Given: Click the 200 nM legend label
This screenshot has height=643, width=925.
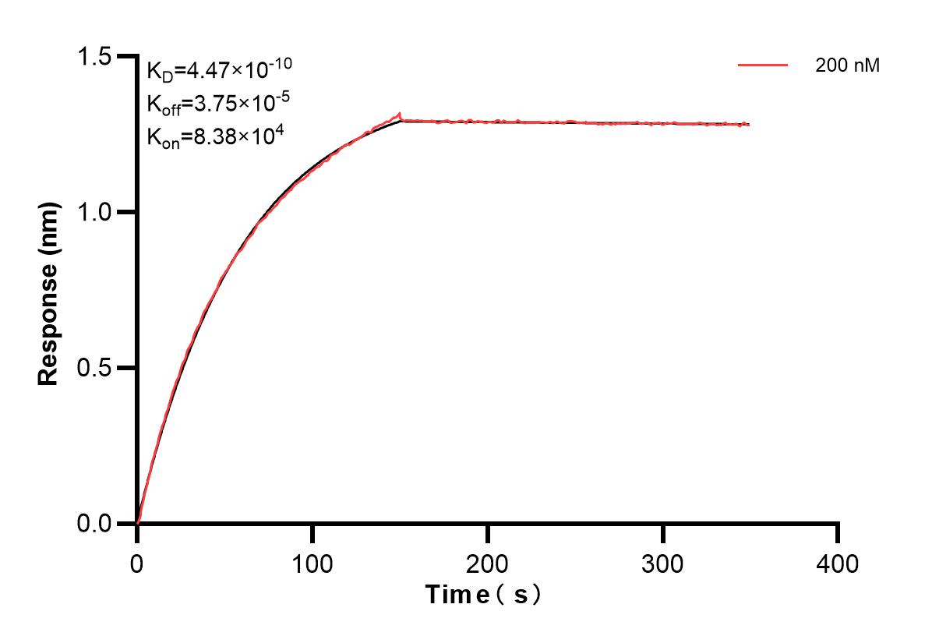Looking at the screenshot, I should (848, 66).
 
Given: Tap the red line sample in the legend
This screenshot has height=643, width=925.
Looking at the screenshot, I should (763, 66).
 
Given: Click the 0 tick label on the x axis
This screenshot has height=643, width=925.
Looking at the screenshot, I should (137, 563).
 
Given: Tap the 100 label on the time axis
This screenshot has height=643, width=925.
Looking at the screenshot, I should (312, 563).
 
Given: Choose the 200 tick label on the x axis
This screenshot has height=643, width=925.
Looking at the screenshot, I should (488, 563).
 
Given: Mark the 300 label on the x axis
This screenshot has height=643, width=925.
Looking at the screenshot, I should (663, 563).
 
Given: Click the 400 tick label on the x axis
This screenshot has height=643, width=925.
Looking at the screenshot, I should (838, 563).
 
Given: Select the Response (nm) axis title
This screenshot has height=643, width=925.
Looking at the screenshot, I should (49, 290).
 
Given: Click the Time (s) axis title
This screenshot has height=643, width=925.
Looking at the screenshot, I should (483, 595).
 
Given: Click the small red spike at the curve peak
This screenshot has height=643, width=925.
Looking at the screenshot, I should (399, 114).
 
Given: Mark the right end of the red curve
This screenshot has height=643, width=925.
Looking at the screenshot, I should (749, 125).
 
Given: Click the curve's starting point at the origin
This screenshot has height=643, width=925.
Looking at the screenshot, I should (138, 523).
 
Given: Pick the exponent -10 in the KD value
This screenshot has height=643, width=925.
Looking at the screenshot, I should (282, 64).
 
